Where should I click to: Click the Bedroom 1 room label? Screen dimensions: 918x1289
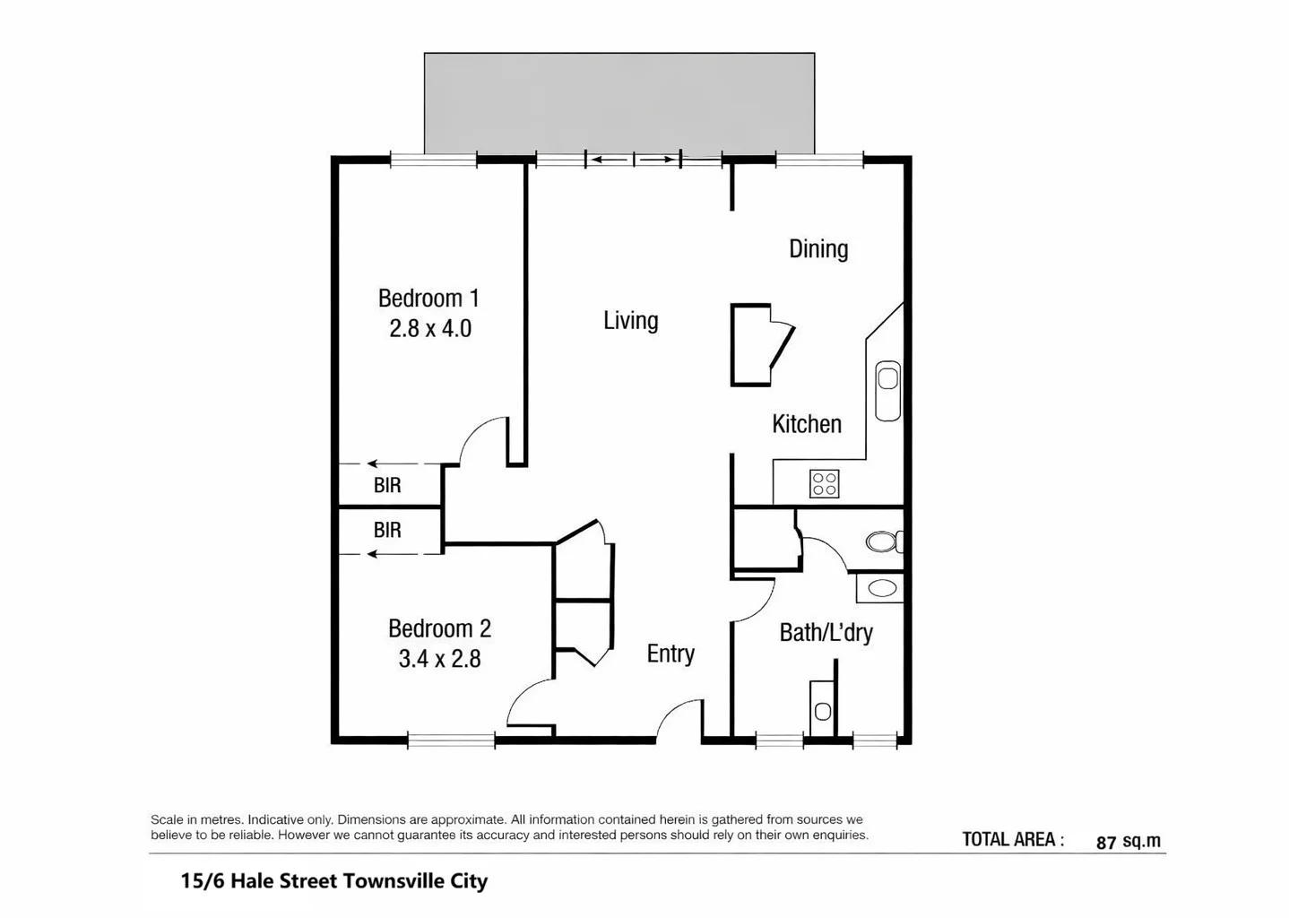[428, 298]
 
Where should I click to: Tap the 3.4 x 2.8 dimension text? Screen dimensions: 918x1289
[439, 659]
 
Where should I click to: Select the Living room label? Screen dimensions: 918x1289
[630, 321]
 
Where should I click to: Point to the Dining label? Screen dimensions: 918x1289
[818, 249]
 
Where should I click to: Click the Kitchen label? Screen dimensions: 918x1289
[806, 424]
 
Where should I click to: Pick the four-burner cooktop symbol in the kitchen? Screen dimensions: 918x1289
[824, 484]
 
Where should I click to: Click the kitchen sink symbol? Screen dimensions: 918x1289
[887, 390]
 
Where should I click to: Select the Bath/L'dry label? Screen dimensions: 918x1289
[826, 633]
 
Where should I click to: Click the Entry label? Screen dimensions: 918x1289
[670, 654]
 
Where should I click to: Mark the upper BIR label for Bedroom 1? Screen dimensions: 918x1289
[387, 485]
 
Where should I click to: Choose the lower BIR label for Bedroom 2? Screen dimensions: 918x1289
[387, 530]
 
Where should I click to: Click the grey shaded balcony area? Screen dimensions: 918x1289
[619, 102]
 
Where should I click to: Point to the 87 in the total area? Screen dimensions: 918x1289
[1106, 842]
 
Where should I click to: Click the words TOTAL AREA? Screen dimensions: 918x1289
[1012, 840]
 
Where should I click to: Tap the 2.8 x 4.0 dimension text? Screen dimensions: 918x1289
[430, 328]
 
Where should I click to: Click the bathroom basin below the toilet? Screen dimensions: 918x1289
[882, 588]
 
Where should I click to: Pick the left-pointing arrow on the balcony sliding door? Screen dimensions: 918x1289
[609, 160]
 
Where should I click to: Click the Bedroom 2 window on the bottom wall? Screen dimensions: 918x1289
[451, 740]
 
